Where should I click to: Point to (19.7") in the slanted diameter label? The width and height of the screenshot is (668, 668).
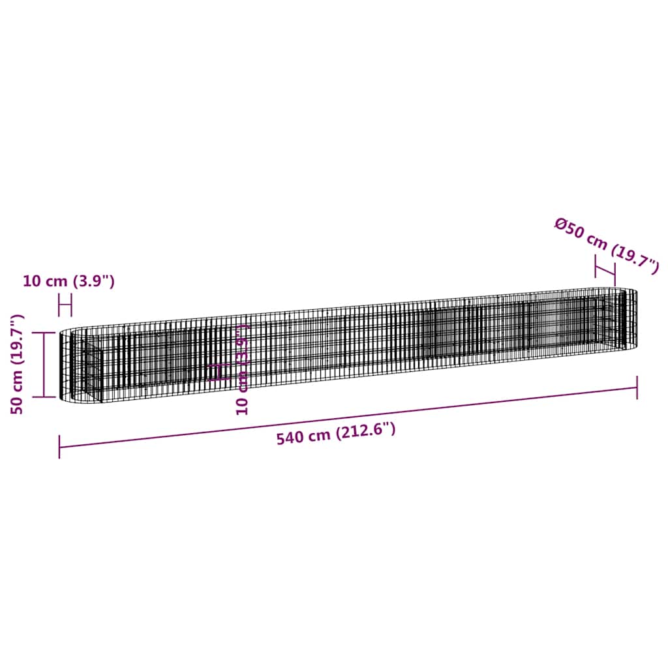click(634, 259)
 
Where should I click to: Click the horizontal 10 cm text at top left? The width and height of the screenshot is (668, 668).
click(45, 281)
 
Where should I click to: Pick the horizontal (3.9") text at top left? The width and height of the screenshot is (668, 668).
click(93, 281)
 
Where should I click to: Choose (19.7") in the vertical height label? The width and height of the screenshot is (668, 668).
click(17, 340)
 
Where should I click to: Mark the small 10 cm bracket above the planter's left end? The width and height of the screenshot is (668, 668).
click(65, 305)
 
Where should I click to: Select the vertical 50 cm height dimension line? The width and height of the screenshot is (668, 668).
click(44, 364)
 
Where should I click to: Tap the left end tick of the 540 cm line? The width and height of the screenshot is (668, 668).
click(59, 447)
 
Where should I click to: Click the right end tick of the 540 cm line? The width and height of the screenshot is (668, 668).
click(637, 387)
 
